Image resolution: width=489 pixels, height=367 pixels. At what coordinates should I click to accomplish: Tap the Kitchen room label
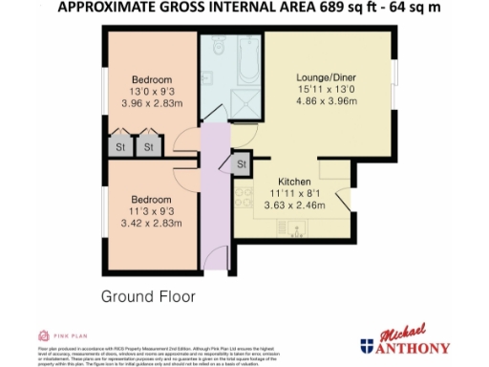pyautogui.click(x=294, y=182)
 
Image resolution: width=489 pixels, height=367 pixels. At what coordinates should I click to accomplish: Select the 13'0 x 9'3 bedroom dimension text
pyautogui.click(x=152, y=91)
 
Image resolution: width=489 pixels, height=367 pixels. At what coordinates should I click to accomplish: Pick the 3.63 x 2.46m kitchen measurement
pyautogui.click(x=294, y=205)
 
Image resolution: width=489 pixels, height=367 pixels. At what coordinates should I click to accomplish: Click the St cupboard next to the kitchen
pyautogui.click(x=242, y=164)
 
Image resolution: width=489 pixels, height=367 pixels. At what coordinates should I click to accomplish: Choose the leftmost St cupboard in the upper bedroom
pyautogui.click(x=120, y=147)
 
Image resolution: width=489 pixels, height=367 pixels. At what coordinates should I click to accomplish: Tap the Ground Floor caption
pyautogui.click(x=148, y=297)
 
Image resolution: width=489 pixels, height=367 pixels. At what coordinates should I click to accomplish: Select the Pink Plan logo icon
pyautogui.click(x=43, y=335)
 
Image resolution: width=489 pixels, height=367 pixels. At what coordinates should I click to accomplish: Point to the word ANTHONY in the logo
pyautogui.click(x=416, y=345)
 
